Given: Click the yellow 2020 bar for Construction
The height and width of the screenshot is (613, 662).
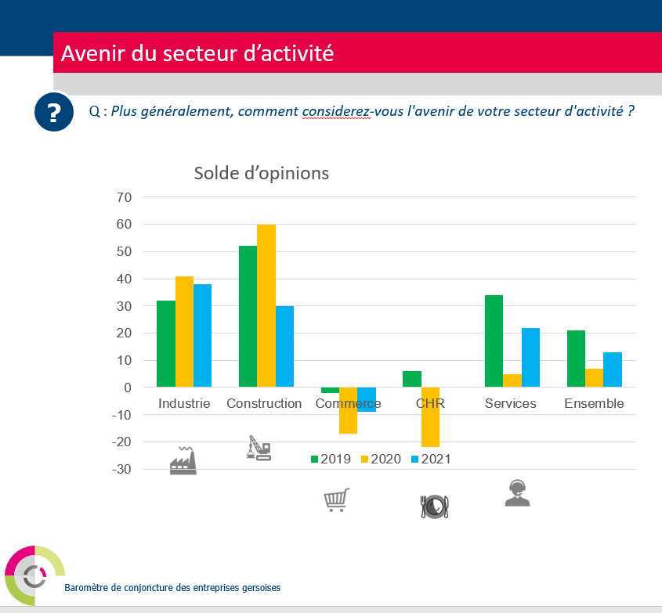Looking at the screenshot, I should coord(266,305).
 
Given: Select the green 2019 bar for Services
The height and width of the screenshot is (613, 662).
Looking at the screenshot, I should coord(494,341).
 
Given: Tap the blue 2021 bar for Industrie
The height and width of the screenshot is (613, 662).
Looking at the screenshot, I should coord(202,335).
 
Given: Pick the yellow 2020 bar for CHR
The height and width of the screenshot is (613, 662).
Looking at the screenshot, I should coord(430,416).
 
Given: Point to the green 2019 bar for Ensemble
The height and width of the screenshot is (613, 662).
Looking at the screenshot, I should coord(576,359).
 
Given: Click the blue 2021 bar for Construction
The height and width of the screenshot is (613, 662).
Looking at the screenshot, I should coord(284,346).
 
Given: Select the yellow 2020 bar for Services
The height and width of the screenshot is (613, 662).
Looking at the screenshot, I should coord(512,380).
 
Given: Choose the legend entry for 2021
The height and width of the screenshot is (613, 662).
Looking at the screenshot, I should coord(430,460).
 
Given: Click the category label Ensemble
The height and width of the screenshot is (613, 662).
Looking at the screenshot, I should coord(594,404).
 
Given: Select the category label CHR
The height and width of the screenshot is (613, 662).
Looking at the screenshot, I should coord(430,404).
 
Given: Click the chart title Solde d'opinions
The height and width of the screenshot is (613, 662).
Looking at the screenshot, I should coord(262,173).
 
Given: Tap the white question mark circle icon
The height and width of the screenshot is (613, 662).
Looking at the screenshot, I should coord(53,113).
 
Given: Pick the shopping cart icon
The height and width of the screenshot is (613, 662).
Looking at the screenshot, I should coord(336,499).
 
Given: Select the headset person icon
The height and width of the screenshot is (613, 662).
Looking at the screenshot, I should coord(516,493).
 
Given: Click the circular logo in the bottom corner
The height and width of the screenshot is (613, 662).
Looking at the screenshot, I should coord(34,575).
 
